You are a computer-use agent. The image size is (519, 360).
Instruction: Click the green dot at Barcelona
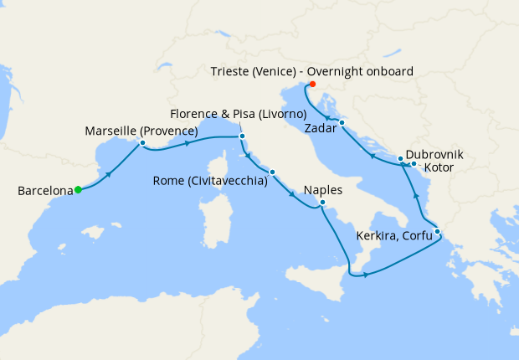tap(78, 189)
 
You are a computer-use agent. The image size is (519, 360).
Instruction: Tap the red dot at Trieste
tap(312, 84)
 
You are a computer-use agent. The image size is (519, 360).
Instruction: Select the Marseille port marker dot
tap(143, 142)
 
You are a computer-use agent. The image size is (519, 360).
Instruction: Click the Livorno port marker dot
tap(242, 136)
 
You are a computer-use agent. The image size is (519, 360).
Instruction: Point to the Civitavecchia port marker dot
tap(272, 172)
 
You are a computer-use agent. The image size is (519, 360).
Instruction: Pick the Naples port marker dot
tap(322, 202)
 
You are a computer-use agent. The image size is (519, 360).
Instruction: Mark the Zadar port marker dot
tap(342, 123)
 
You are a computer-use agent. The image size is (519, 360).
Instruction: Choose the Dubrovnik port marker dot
tap(400, 158)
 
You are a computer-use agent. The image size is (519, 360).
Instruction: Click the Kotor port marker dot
tap(414, 163)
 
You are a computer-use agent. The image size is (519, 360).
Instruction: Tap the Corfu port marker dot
tap(437, 231)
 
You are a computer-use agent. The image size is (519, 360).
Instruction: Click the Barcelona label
tap(45, 191)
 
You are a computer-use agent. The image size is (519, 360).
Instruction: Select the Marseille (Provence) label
tap(141, 131)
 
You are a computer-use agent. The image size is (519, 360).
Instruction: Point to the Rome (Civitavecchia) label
tap(210, 180)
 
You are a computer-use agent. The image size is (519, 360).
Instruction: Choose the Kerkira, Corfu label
tap(396, 236)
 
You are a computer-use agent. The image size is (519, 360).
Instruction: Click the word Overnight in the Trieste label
tap(327, 72)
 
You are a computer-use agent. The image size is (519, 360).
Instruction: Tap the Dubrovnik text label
tap(434, 155)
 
